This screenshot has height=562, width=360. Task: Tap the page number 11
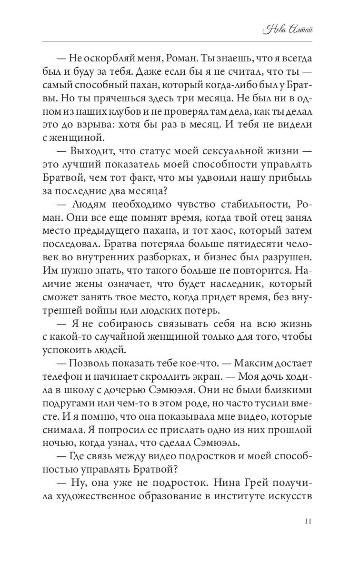pos(308,521)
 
